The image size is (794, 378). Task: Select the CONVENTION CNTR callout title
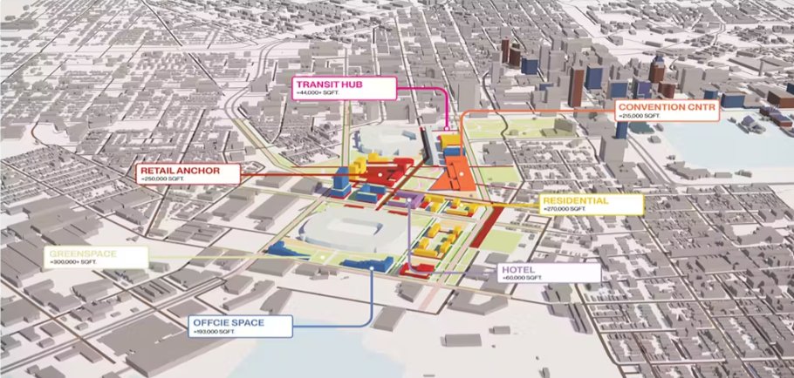pos(663,106)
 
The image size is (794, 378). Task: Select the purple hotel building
pos(407,200)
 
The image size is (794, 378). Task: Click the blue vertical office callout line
pos(373,296)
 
